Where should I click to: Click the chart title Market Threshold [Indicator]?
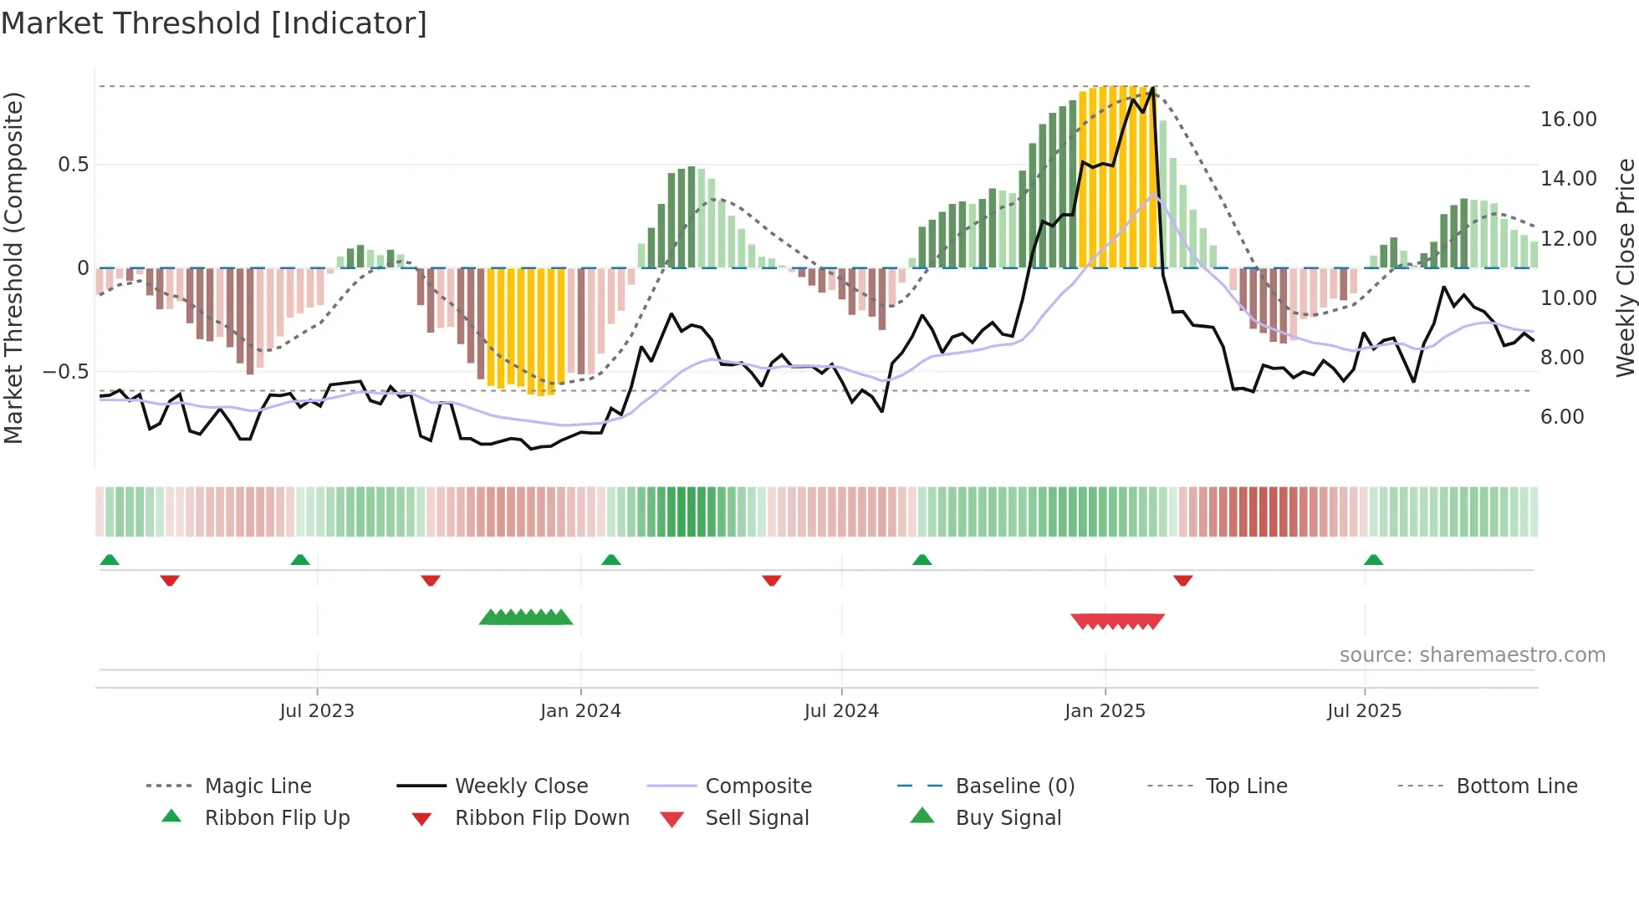pos(214,23)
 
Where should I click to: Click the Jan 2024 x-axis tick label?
pos(580,711)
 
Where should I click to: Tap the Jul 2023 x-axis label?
pos(317,711)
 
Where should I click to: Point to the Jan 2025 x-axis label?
pos(1105,711)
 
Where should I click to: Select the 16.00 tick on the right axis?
pos(1568,120)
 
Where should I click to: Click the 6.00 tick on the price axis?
pos(1562,417)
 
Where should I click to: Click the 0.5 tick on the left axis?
pos(73,165)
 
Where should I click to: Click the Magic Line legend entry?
pos(258,786)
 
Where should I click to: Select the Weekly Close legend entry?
pos(521,786)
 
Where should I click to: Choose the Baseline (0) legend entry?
pos(1014,786)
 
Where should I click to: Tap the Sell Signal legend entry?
pos(756,818)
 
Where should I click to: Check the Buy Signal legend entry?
pos(1008,818)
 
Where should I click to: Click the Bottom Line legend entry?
pos(1516,786)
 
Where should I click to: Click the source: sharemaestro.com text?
pos(1472,655)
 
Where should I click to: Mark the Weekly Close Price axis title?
pos(1625,267)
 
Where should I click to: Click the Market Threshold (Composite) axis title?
pos(13,267)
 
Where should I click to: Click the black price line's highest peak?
pos(1153,89)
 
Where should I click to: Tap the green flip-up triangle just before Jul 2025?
pos(1373,560)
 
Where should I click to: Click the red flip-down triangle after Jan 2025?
pos(1182,580)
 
